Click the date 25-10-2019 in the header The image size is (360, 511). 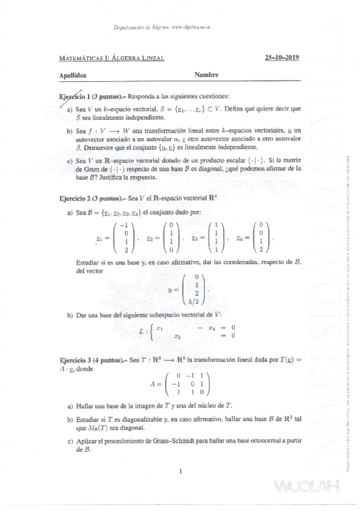[282, 58]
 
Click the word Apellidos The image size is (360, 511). [73, 76]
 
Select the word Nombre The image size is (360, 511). [206, 75]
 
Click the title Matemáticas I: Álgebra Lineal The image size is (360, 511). [112, 58]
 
